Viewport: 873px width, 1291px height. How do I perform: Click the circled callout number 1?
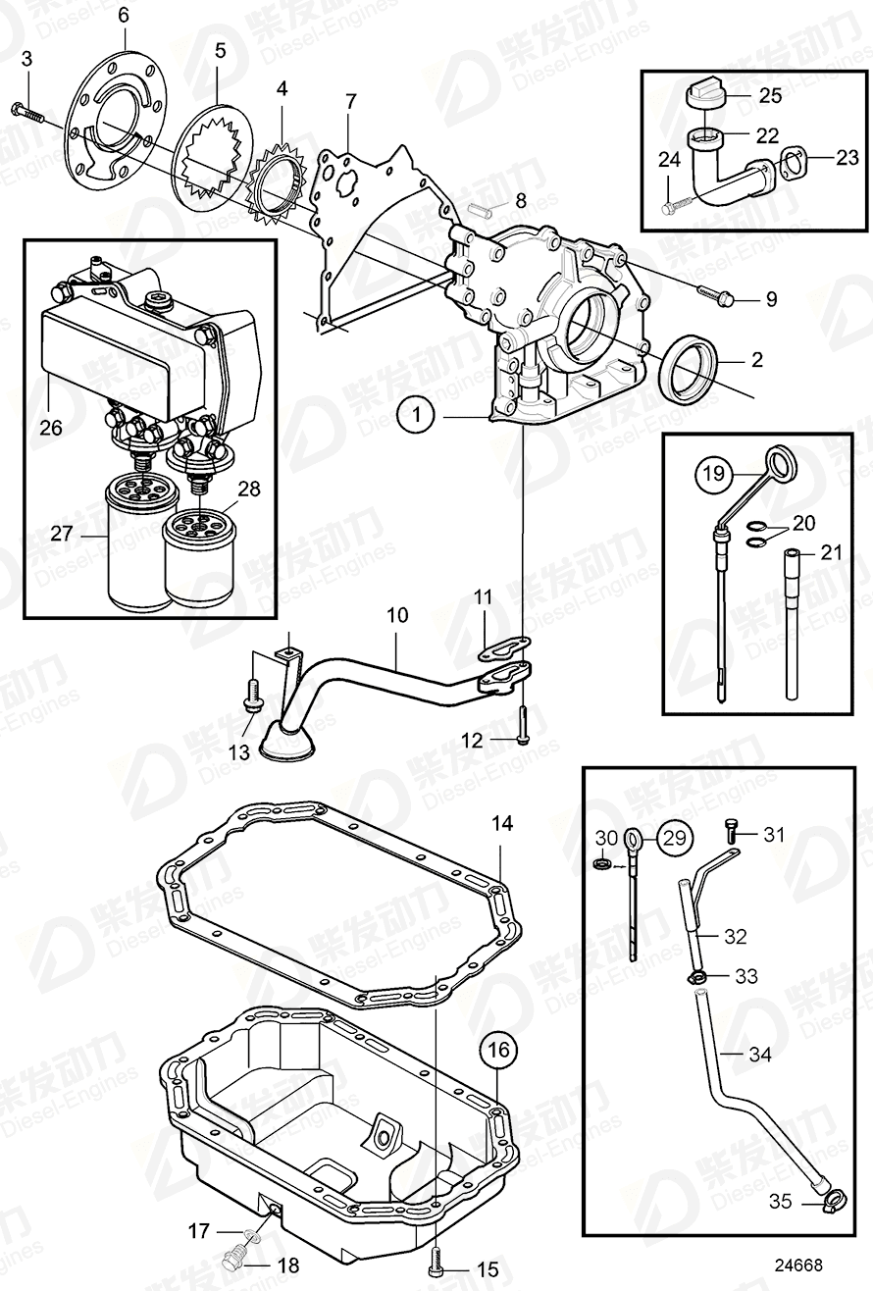point(417,417)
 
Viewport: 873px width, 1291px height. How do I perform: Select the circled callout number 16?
point(497,1051)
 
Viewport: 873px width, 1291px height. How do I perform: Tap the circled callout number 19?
point(714,476)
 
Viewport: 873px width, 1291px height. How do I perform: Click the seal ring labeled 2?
point(695,366)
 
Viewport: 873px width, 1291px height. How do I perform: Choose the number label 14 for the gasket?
point(501,824)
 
